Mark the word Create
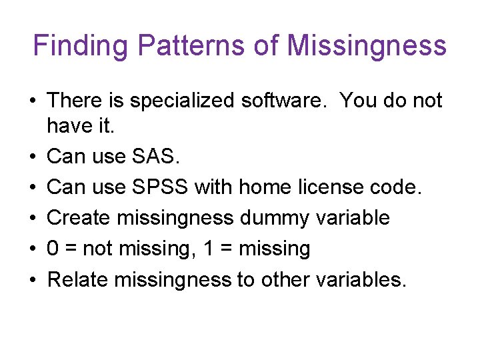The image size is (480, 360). [81, 218]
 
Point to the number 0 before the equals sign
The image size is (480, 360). [53, 249]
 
